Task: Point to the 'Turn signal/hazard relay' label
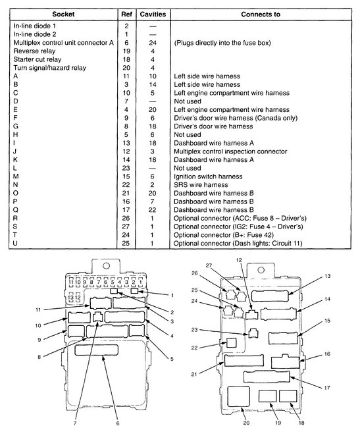(53, 68)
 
